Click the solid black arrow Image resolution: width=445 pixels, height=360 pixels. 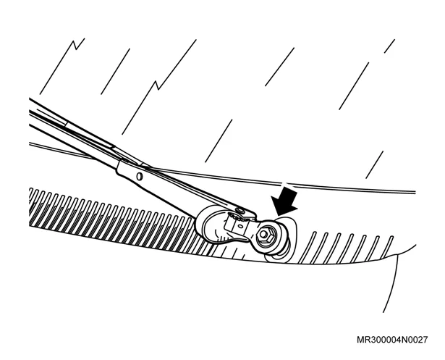click(x=285, y=201)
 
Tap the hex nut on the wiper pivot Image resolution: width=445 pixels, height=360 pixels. click(x=263, y=235)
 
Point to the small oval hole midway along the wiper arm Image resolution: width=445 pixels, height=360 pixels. click(x=139, y=177)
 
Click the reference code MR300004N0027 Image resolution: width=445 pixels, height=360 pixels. click(x=391, y=340)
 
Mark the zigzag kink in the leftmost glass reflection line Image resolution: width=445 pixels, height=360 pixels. click(x=76, y=45)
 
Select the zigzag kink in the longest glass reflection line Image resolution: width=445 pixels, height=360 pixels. click(x=158, y=85)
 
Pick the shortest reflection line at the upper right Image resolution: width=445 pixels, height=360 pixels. click(x=389, y=46)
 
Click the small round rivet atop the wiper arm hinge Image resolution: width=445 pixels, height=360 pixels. click(x=241, y=210)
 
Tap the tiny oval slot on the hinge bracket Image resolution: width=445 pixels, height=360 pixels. click(x=240, y=225)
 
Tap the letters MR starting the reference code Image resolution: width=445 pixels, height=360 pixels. click(x=362, y=340)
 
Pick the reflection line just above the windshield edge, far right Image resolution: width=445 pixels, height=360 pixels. click(x=375, y=165)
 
